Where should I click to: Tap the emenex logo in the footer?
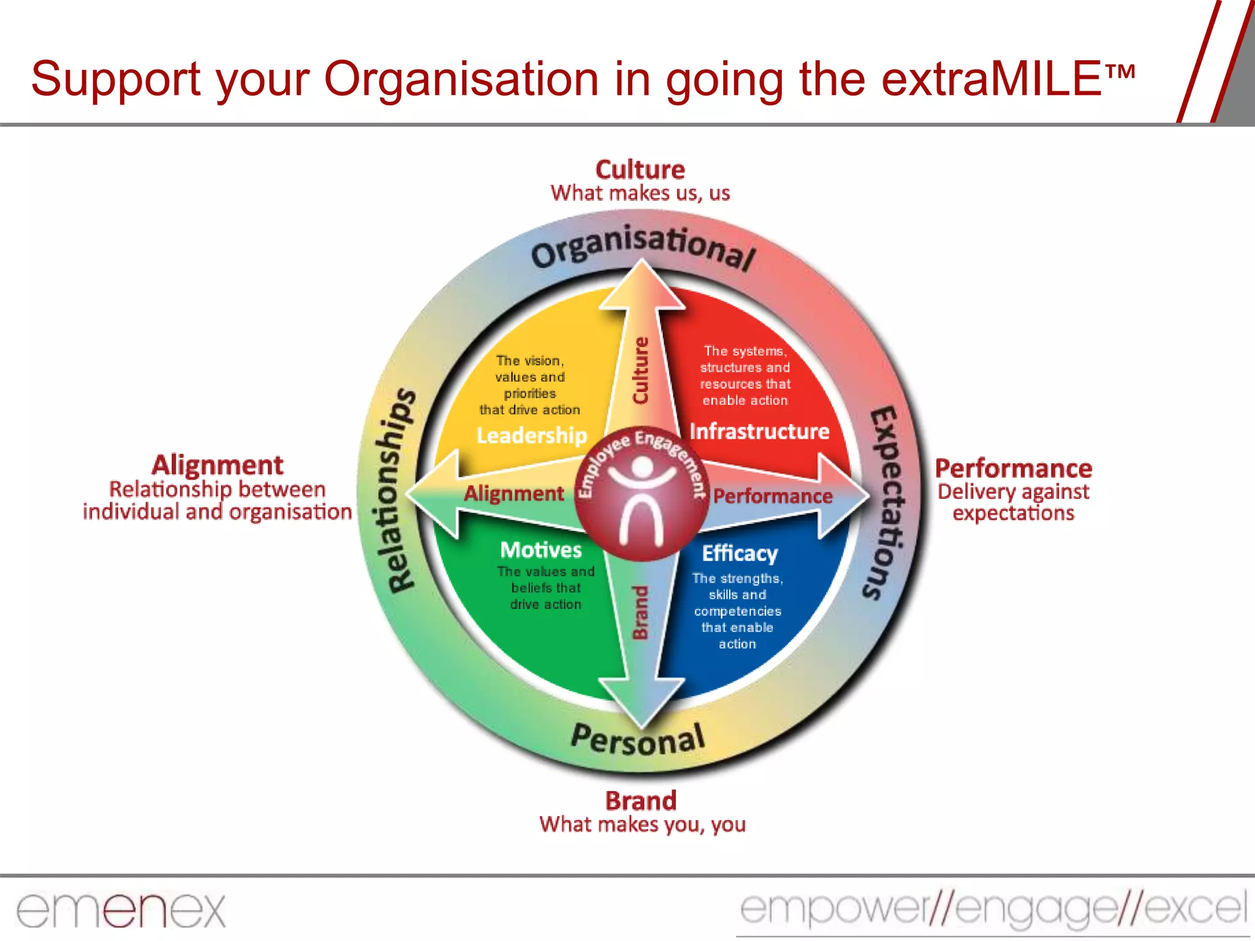121,910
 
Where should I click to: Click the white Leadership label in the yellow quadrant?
531,435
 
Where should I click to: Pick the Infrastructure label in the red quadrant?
759,431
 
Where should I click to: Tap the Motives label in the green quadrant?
540,550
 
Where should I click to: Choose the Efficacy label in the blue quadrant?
740,553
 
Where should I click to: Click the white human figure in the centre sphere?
642,499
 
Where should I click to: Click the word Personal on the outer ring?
637,739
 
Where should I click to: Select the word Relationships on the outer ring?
401,490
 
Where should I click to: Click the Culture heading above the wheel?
640,170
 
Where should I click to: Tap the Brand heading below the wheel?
641,801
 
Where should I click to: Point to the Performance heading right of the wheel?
1014,469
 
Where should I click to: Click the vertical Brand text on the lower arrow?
640,613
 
